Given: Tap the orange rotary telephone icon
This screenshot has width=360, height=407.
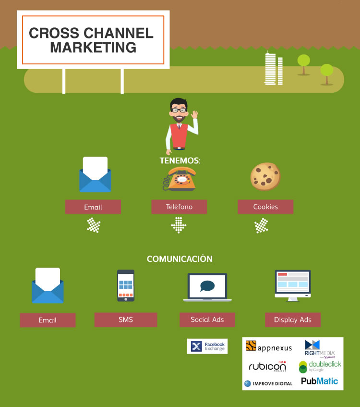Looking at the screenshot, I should pos(179,179).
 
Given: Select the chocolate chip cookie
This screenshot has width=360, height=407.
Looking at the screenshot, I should pos(265,176).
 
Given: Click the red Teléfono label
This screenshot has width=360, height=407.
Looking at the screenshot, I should pos(179,207).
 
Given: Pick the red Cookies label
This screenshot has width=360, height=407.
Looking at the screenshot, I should pos(265,207).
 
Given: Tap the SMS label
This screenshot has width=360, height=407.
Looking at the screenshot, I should pos(126,320).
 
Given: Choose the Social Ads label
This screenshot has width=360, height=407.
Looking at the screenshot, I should pos(207,320).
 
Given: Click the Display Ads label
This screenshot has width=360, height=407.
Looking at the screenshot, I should pos(293,320).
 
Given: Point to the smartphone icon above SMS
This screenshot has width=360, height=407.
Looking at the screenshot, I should pos(126,285).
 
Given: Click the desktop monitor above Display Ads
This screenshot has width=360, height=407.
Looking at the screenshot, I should pos(293,284).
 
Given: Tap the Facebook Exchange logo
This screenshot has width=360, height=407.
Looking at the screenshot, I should pos(207,346).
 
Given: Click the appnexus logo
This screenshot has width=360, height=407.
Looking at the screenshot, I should pos(268,346).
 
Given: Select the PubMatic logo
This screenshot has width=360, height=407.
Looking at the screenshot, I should pos(319,381).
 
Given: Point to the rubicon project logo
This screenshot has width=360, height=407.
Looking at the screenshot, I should pos(267,367).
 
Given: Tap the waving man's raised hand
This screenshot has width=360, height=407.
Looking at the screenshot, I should pos(194,115).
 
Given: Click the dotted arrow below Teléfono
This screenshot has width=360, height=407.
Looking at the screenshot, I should pos(179,225).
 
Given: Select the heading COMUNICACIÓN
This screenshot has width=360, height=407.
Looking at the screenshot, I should pos(180,259).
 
